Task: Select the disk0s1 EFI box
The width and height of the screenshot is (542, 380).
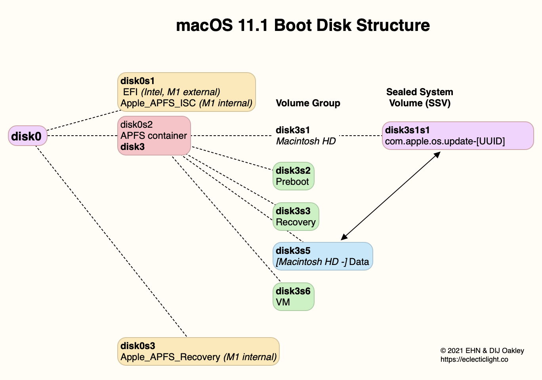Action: pos(186,92)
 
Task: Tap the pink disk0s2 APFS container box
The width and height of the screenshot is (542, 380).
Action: pos(154,135)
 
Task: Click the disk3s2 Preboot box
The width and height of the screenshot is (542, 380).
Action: pos(293,176)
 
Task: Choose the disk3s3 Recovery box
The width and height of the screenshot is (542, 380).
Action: pos(296,217)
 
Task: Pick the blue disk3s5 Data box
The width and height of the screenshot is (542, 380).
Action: pos(323,256)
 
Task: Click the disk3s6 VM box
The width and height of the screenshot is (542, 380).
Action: pos(293,297)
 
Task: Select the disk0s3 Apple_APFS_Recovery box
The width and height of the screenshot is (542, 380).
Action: pos(198,351)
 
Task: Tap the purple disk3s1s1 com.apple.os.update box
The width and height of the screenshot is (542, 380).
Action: pos(458,136)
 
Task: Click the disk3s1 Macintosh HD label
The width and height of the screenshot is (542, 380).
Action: pos(305,136)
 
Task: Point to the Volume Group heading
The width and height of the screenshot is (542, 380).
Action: pos(308,103)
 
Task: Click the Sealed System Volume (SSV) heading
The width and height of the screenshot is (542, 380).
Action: pos(420,98)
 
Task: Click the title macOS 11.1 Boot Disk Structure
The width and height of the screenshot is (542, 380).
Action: pos(303,25)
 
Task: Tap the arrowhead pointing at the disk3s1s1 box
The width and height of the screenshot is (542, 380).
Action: pos(437,154)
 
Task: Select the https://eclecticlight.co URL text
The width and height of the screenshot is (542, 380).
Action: pos(474,359)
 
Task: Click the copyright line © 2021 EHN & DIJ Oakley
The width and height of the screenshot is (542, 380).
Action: pos(482,351)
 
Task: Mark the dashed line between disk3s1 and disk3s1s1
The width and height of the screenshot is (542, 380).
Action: pos(361,136)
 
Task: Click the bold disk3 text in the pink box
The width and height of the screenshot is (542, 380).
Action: pos(132,147)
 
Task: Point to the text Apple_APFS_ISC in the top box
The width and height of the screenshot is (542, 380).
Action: pos(158,103)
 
